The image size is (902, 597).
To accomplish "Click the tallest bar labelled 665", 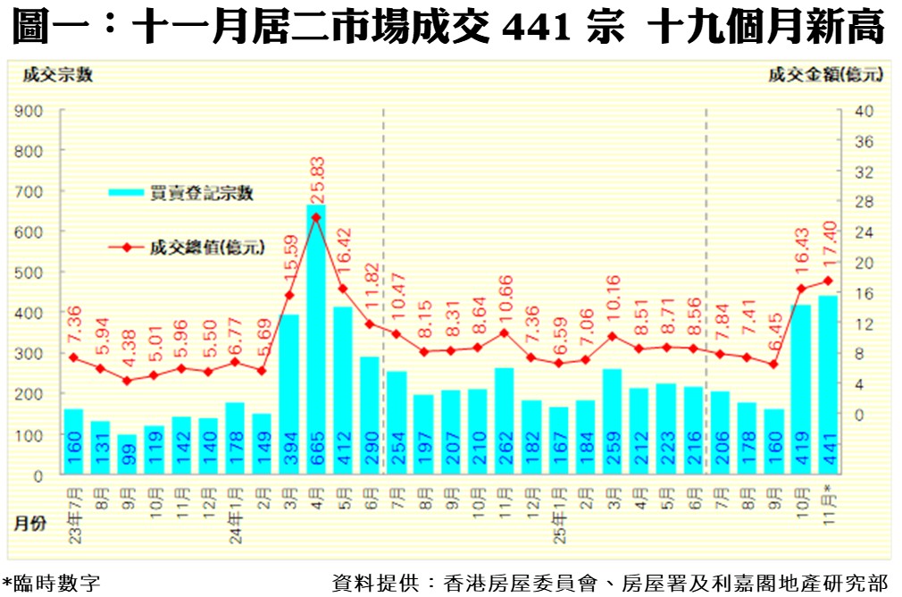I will tap(316, 340).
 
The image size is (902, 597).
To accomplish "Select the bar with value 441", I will tap(828, 384).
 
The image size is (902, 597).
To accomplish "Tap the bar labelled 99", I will tap(128, 455).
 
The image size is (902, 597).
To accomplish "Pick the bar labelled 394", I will tap(289, 393).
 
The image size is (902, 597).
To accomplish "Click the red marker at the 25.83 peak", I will tap(316, 217).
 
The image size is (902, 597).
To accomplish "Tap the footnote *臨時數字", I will tap(51, 584).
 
